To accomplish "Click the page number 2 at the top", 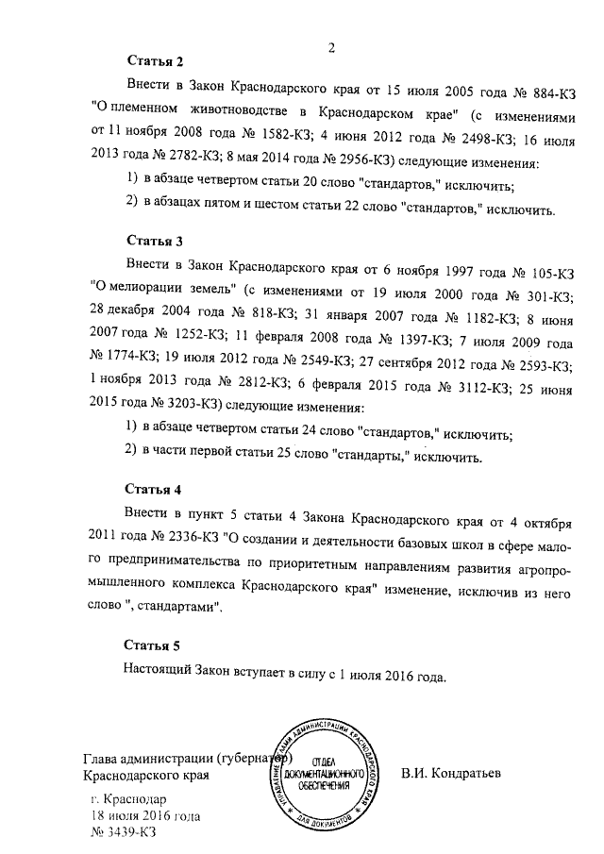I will [x=332, y=47].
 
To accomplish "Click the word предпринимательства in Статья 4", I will [x=180, y=565].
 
